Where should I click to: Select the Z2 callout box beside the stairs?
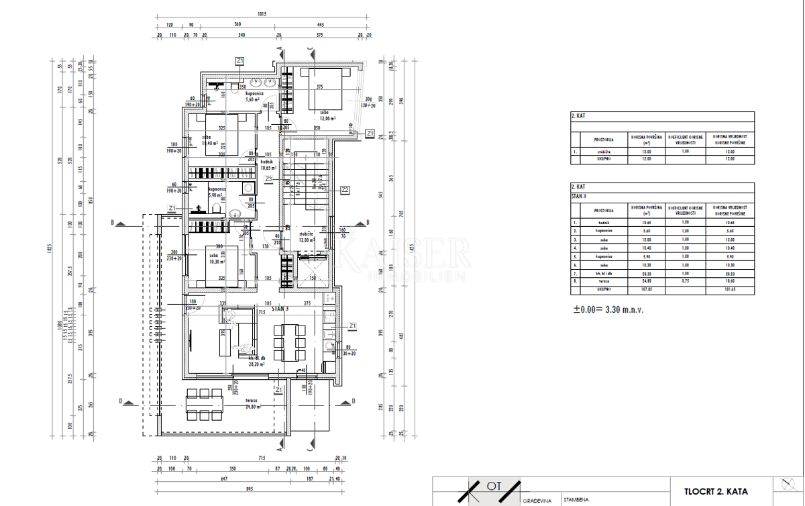345,190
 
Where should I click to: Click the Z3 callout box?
268,179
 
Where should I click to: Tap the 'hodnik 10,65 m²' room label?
268,166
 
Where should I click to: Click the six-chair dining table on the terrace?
204,404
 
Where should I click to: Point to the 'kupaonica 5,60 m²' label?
253,97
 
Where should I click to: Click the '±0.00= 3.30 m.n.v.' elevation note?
603,310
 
